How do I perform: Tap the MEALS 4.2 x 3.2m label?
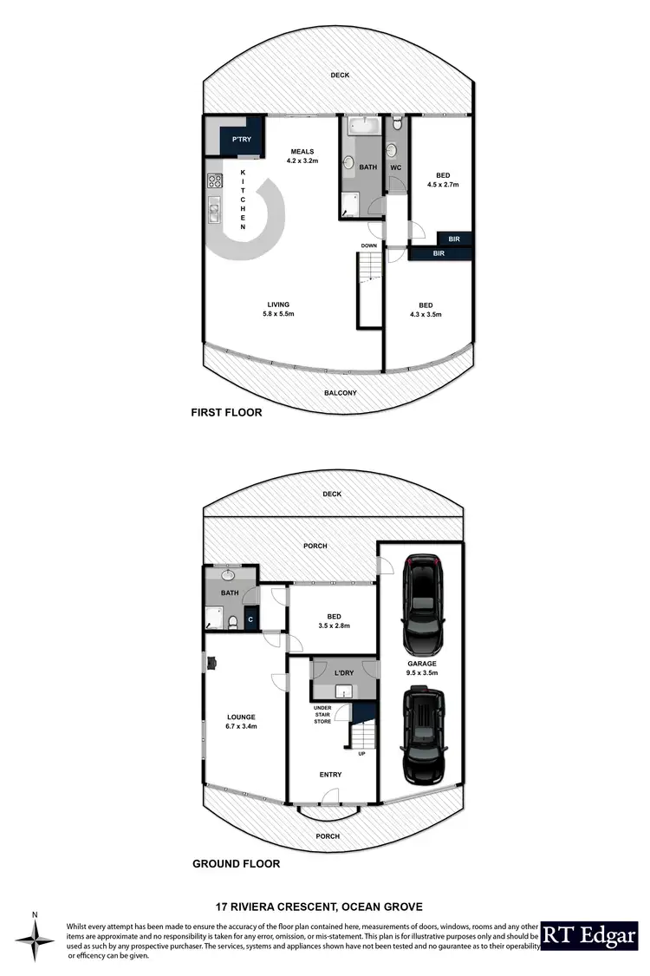(303, 156)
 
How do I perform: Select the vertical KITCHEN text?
(244, 200)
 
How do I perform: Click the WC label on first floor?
(395, 167)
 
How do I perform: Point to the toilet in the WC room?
(396, 127)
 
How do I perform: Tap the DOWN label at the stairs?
(370, 246)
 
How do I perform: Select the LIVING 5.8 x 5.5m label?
(278, 310)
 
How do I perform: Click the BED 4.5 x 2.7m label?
(443, 180)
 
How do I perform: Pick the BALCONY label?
(341, 393)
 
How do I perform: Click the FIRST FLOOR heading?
(226, 413)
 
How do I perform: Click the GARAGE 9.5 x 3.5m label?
(422, 668)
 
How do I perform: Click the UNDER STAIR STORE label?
(322, 714)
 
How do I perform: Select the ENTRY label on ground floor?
(330, 775)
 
